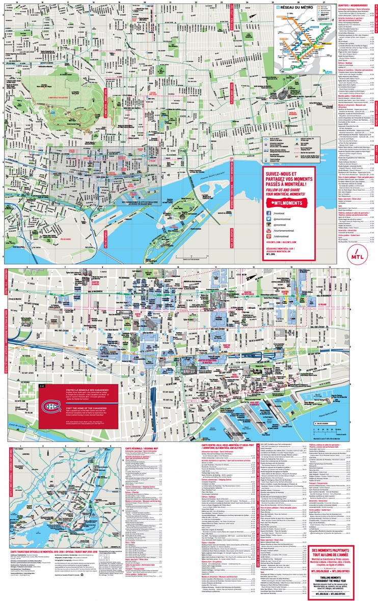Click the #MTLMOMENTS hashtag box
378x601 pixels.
[x=288, y=202]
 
